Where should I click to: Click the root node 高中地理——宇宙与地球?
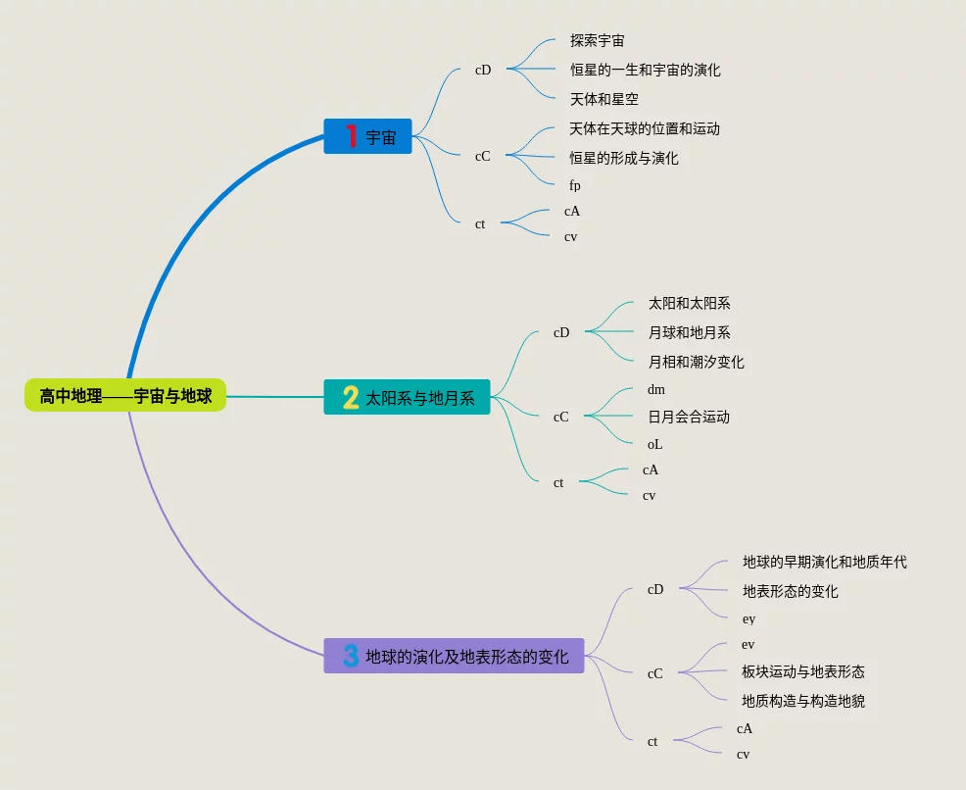point(125,396)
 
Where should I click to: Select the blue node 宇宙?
point(368,136)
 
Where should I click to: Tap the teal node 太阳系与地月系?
point(407,397)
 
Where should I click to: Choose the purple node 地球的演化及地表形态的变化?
point(454,656)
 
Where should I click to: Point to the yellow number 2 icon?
point(351,397)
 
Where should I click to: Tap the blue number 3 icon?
point(351,656)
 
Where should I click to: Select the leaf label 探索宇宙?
point(598,41)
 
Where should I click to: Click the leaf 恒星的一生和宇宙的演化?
point(646,71)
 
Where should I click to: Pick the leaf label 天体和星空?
point(604,99)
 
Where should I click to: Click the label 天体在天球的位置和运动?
point(645,128)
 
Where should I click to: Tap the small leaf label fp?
point(575,185)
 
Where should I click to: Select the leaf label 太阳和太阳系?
point(689,304)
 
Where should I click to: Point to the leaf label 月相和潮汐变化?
point(696,362)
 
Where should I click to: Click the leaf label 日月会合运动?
point(688,417)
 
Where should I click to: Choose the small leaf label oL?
point(654,444)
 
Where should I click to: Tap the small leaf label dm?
point(655,389)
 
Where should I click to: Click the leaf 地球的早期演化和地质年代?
point(824,562)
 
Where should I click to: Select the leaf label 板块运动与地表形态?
point(803,671)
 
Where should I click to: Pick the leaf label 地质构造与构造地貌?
point(803,701)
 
